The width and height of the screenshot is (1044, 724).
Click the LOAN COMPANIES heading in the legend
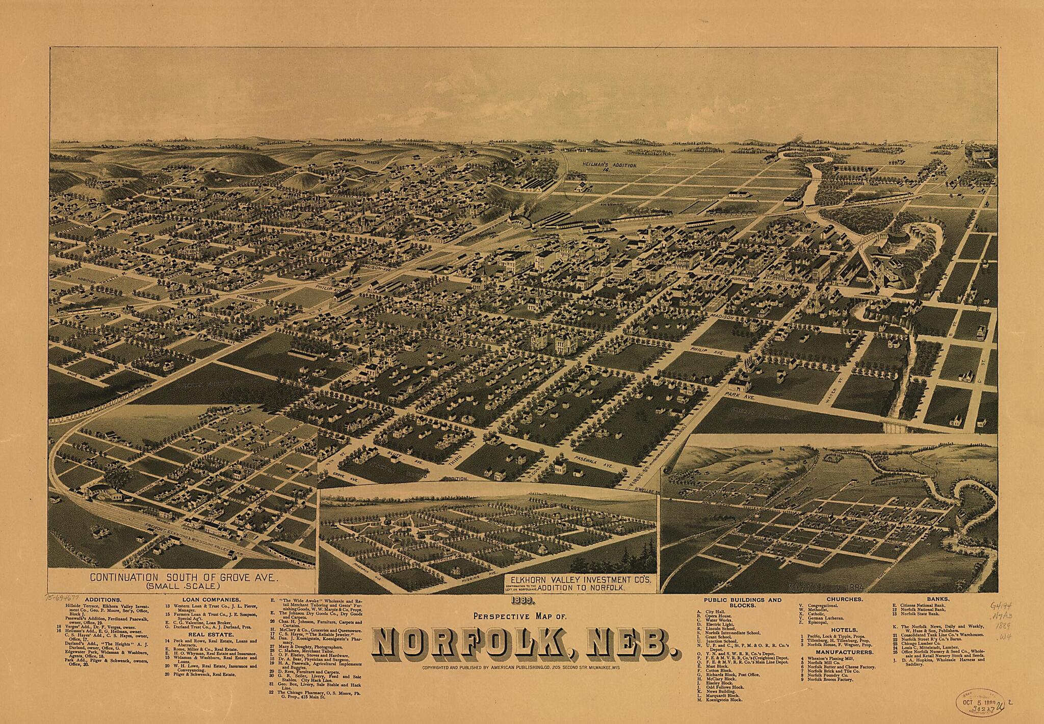click(204, 600)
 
